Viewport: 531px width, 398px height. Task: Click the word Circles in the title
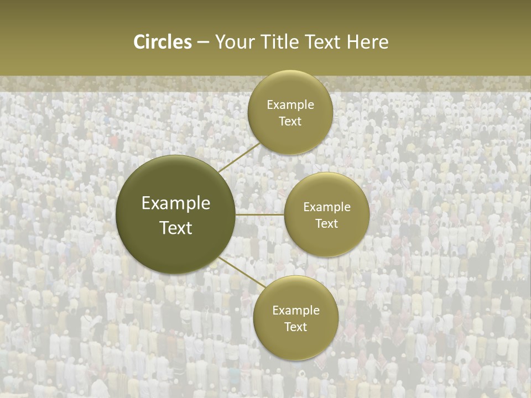163,42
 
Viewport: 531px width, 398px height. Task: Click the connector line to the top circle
239,158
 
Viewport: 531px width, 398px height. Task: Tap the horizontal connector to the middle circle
259,214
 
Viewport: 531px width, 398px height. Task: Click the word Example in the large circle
176,203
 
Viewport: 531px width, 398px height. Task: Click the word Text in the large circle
176,228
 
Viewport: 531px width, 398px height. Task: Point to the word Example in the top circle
290,105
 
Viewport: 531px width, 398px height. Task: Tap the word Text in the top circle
290,122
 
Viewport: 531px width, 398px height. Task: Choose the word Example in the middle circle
327,207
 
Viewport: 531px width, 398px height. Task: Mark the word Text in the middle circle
327,224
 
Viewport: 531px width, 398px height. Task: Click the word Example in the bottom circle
296,311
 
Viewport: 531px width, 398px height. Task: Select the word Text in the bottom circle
296,327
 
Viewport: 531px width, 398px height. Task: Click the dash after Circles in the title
203,42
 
